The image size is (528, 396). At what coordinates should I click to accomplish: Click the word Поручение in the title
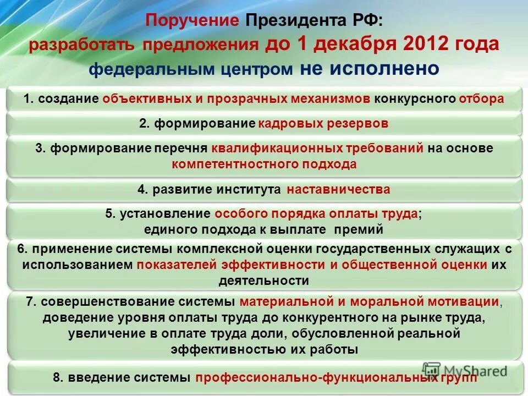(193, 22)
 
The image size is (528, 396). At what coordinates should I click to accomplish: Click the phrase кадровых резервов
(323, 124)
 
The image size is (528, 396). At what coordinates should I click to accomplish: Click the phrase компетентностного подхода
(264, 164)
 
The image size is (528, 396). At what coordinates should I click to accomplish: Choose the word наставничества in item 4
(338, 190)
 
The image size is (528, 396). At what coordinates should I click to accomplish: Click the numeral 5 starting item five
(108, 214)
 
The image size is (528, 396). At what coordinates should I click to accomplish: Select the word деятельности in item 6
(264, 280)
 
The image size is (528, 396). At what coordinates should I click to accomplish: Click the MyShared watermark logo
(465, 371)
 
